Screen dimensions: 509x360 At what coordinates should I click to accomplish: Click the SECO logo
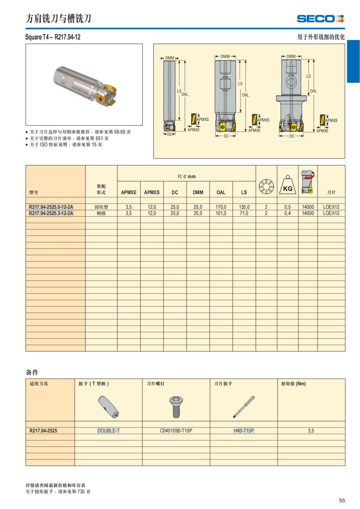[x=320, y=19]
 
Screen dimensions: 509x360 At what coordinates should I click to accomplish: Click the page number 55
[x=342, y=500]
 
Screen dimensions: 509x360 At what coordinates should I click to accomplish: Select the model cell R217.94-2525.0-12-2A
[x=51, y=207]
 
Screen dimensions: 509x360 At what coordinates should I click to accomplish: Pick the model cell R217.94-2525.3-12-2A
[x=51, y=213]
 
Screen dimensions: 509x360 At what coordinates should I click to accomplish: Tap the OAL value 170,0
[x=221, y=207]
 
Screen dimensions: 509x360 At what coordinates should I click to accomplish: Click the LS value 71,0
[x=244, y=213]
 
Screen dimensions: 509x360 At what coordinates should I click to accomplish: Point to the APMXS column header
[x=152, y=193]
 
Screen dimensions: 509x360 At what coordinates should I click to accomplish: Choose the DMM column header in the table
[x=198, y=193]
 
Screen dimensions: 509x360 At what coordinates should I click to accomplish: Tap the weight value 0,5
[x=287, y=207]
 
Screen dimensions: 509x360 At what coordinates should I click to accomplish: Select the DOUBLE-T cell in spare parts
[x=108, y=431]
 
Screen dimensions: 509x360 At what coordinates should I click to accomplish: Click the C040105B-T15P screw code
[x=176, y=431]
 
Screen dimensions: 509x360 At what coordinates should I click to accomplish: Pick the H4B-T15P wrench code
[x=244, y=431]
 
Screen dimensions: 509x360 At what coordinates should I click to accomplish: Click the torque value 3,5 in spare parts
[x=311, y=431]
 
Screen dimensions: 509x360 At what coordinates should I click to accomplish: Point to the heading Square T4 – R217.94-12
[x=53, y=37]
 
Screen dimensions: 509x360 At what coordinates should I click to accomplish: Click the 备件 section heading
[x=32, y=373]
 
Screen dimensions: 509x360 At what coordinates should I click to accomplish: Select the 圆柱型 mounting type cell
[x=101, y=207]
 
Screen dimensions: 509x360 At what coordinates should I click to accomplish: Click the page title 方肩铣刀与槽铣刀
[x=58, y=19]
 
